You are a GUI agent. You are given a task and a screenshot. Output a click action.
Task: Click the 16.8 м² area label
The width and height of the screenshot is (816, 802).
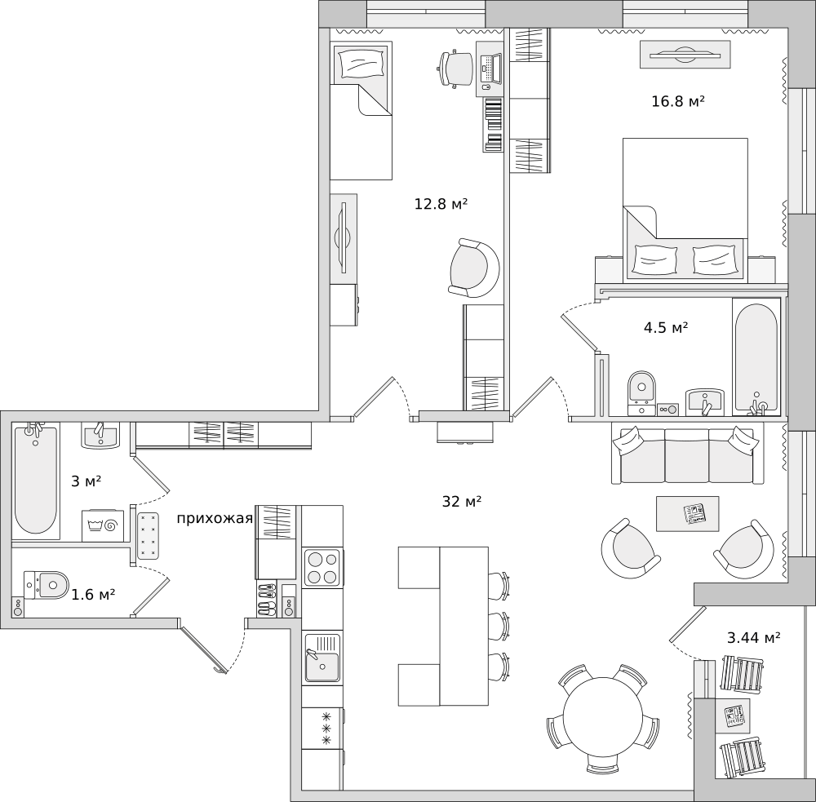[678, 101]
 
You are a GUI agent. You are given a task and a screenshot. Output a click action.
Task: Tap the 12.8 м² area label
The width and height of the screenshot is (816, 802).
[441, 203]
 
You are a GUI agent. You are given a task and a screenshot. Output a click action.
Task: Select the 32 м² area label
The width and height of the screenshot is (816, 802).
[462, 502]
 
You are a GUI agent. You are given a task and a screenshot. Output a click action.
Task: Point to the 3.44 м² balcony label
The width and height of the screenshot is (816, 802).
[753, 637]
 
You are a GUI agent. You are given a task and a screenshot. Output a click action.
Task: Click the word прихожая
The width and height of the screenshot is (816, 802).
[215, 519]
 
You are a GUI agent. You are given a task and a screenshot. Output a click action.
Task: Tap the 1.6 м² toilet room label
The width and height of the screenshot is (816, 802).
[93, 594]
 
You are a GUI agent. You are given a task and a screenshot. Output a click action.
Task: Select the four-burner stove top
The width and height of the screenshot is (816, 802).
[322, 568]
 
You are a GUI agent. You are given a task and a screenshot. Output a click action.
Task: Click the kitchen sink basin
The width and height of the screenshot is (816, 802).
[322, 658]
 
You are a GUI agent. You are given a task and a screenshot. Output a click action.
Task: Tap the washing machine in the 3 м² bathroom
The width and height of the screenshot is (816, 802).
[103, 525]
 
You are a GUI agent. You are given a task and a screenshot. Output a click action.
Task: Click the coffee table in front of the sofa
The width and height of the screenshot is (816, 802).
[687, 514]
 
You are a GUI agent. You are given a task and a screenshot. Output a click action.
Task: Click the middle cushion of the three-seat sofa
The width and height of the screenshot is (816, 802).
[687, 455]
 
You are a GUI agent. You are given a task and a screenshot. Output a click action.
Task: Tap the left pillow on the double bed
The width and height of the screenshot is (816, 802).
[655, 259]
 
